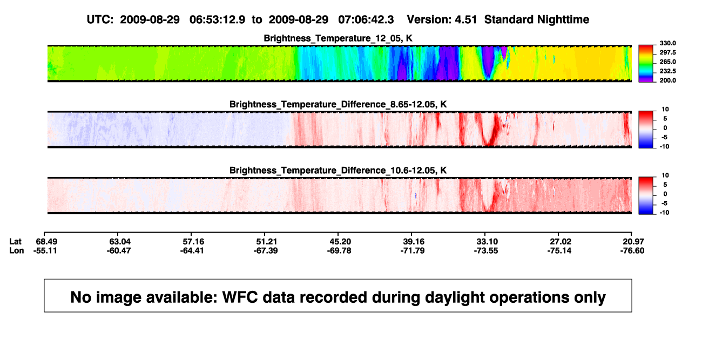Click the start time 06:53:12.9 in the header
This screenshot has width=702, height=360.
click(217, 20)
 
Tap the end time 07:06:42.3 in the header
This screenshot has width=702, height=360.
click(366, 20)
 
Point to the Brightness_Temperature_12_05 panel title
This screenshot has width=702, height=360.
click(338, 38)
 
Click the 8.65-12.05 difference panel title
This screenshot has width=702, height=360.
click(338, 104)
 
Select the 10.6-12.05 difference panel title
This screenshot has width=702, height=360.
click(338, 171)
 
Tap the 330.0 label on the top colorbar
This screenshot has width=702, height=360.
click(667, 43)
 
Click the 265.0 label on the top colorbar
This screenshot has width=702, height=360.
click(667, 62)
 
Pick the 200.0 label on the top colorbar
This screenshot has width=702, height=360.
click(667, 80)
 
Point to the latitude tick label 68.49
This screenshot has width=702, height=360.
click(46, 242)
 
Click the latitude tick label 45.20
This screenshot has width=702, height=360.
click(340, 242)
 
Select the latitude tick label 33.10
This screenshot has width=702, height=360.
click(487, 242)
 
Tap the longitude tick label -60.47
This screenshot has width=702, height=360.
click(118, 251)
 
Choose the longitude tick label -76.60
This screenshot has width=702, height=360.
click(632, 251)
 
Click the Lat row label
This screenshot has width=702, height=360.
click(15, 242)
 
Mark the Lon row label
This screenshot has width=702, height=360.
click(16, 251)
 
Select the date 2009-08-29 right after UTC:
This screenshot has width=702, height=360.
click(150, 20)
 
